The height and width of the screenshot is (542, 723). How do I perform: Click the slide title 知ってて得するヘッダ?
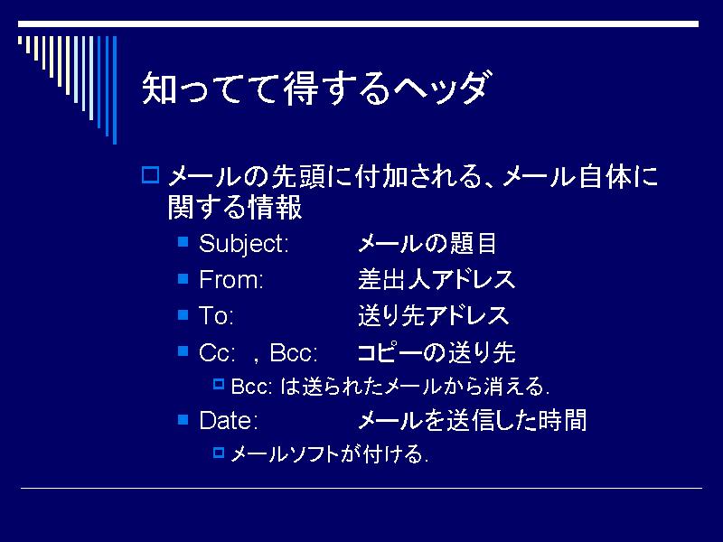pyautogui.click(x=315, y=88)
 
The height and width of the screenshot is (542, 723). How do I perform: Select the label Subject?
pyautogui.click(x=243, y=243)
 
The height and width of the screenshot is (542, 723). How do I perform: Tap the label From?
pyautogui.click(x=231, y=279)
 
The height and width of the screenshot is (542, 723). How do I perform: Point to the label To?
pyautogui.click(x=216, y=315)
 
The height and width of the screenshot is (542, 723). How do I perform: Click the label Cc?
pyautogui.click(x=217, y=352)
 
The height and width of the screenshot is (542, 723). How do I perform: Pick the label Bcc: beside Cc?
pyautogui.click(x=294, y=352)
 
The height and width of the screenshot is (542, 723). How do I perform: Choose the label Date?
pyautogui.click(x=229, y=420)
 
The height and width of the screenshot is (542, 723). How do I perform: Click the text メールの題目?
pyautogui.click(x=427, y=243)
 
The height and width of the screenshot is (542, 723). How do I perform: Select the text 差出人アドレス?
pyautogui.click(x=437, y=279)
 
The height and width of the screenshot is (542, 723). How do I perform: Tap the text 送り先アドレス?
pyautogui.click(x=434, y=315)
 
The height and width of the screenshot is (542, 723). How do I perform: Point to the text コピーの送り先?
pyautogui.click(x=437, y=352)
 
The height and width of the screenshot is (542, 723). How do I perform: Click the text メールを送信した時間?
pyautogui.click(x=472, y=420)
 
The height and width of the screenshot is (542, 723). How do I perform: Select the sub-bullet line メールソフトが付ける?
pyautogui.click(x=329, y=454)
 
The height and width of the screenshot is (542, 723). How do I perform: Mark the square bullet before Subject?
pyautogui.click(x=183, y=241)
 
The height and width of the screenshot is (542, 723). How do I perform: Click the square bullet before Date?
pyautogui.click(x=183, y=419)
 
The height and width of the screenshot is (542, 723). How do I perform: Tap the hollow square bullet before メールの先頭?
pyautogui.click(x=150, y=175)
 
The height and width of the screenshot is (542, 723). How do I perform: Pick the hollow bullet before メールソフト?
pyautogui.click(x=219, y=453)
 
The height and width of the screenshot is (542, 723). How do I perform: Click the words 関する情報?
pyautogui.click(x=235, y=207)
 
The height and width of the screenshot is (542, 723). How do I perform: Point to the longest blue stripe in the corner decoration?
pyautogui.click(x=115, y=89)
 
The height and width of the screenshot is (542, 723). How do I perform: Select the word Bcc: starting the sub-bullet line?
pyautogui.click(x=251, y=387)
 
